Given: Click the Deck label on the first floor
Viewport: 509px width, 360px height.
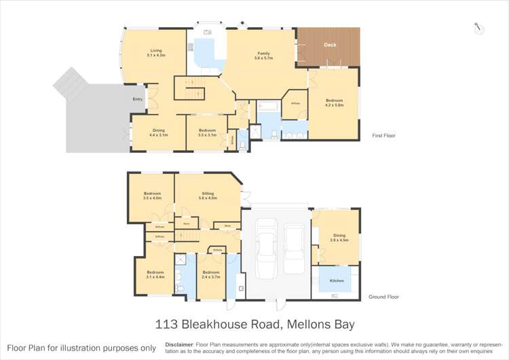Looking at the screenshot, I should (330, 45).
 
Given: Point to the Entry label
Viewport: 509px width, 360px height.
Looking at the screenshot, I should (138, 99).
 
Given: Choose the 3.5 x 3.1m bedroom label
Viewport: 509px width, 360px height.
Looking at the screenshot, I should (207, 132).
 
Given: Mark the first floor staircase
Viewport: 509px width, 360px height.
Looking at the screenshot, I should (192, 88).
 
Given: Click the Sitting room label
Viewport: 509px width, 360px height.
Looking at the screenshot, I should (208, 196).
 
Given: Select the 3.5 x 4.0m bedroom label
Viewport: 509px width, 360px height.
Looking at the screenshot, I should (152, 196).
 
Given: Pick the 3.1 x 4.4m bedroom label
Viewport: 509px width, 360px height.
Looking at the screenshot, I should (155, 274).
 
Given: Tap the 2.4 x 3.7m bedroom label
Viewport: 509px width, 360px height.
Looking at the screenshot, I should (211, 274).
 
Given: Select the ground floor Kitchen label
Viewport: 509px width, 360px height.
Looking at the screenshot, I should (337, 281).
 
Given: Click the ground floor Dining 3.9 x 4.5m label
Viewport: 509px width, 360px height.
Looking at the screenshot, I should (339, 238).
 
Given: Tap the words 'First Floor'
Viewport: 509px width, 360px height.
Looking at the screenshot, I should (384, 136).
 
